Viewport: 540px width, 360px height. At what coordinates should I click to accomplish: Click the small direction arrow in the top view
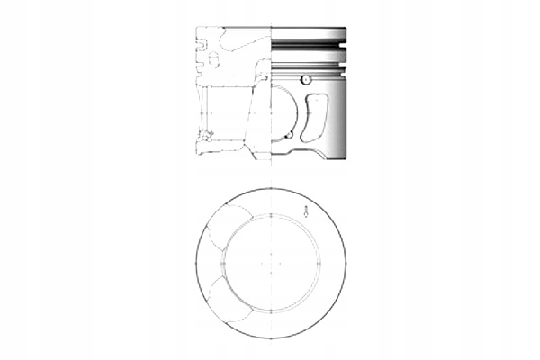[x=307, y=212]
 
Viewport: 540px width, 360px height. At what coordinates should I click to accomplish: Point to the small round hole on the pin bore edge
[x=288, y=136]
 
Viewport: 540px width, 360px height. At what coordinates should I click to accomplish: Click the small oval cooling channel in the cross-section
[x=213, y=62]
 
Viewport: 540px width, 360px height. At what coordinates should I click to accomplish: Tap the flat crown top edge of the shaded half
[x=310, y=28]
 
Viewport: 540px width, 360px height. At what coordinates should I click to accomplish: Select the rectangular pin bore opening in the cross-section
[x=225, y=112]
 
